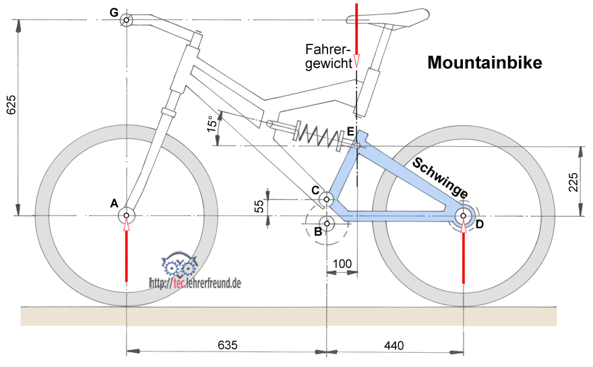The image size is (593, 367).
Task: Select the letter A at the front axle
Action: tap(114, 203)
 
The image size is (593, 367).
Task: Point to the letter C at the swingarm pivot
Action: tap(315, 191)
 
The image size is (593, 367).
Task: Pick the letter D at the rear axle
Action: tap(480, 224)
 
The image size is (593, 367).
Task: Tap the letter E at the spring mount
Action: tap(350, 131)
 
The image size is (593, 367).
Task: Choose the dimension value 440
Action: tap(393, 346)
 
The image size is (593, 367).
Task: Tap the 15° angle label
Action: tap(211, 126)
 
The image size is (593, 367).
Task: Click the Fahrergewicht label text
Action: tap(329, 57)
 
